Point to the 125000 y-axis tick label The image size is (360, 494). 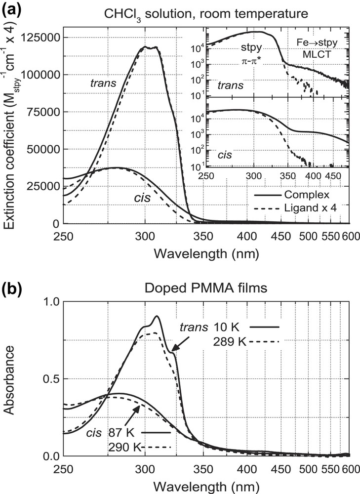click(x=40, y=38)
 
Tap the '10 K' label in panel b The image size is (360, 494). click(x=227, y=327)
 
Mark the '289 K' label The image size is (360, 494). click(x=227, y=341)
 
